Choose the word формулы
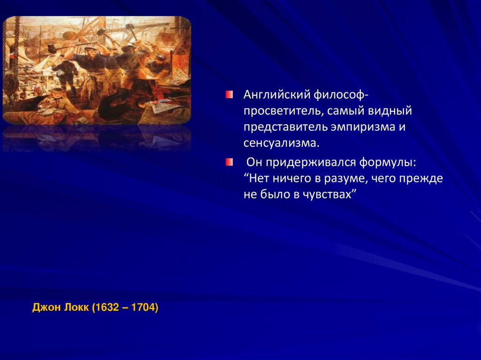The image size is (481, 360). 386,162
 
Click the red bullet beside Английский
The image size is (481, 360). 229,95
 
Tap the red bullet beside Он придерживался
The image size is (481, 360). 229,162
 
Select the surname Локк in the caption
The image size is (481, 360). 74,308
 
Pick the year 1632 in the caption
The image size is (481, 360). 107,308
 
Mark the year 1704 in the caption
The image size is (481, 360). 144,308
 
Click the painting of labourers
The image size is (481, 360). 97,70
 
